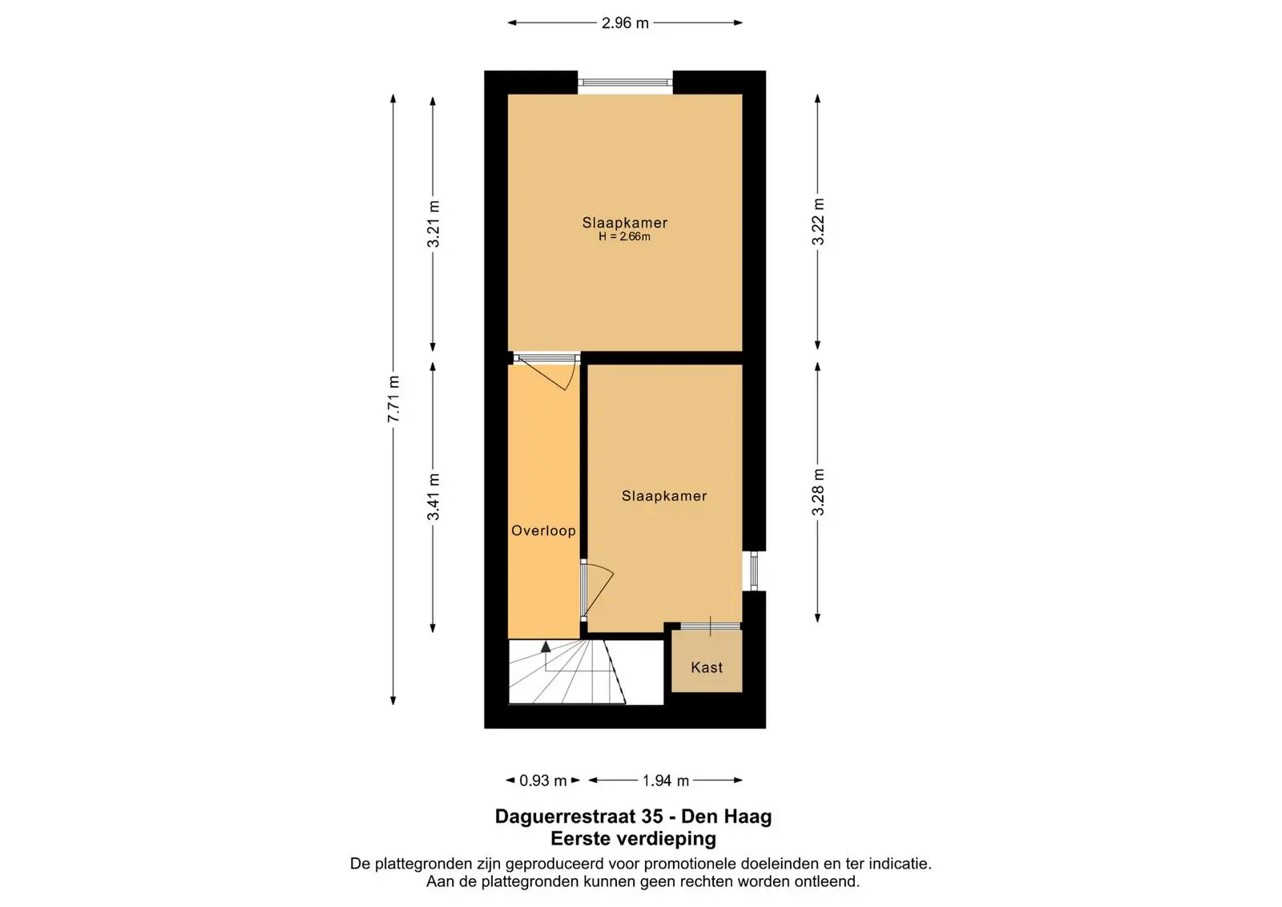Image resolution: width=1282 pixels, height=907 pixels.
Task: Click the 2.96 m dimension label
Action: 624,23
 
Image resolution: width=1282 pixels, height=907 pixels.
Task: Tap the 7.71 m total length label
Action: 393,399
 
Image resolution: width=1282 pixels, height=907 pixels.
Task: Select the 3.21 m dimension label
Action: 433,224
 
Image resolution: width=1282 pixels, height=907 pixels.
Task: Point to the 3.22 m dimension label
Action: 818,221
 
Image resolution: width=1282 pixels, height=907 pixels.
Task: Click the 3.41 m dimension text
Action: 433,497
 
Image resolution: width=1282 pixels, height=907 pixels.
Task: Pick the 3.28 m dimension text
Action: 818,491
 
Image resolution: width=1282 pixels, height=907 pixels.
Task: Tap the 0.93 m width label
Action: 542,780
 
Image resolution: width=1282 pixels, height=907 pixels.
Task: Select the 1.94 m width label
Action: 666,780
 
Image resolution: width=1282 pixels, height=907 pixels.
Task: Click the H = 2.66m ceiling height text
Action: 624,237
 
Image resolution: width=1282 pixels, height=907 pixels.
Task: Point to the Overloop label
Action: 543,530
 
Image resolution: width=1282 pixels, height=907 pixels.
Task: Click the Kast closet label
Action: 706,667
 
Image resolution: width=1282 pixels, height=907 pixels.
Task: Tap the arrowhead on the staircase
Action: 546,647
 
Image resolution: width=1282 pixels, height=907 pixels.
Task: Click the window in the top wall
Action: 625,83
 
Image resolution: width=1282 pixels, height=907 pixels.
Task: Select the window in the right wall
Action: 754,570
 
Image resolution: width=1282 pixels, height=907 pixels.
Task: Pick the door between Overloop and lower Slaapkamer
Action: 597,590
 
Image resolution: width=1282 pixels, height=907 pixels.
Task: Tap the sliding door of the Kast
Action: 706,626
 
